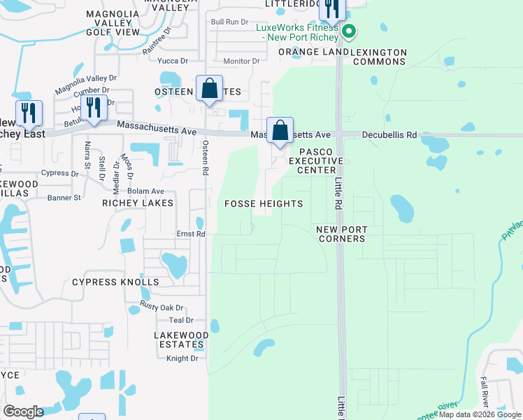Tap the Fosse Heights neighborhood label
(x=264, y=204)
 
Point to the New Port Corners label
(x=341, y=234)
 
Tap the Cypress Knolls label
(x=115, y=282)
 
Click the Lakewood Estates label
(x=181, y=339)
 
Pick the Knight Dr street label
(x=182, y=358)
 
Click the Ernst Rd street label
(x=190, y=234)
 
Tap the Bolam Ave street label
(x=145, y=190)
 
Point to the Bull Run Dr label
(x=230, y=22)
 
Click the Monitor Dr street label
(x=241, y=62)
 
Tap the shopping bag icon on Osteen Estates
(x=209, y=89)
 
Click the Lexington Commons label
(x=378, y=57)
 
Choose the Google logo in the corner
(x=23, y=412)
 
